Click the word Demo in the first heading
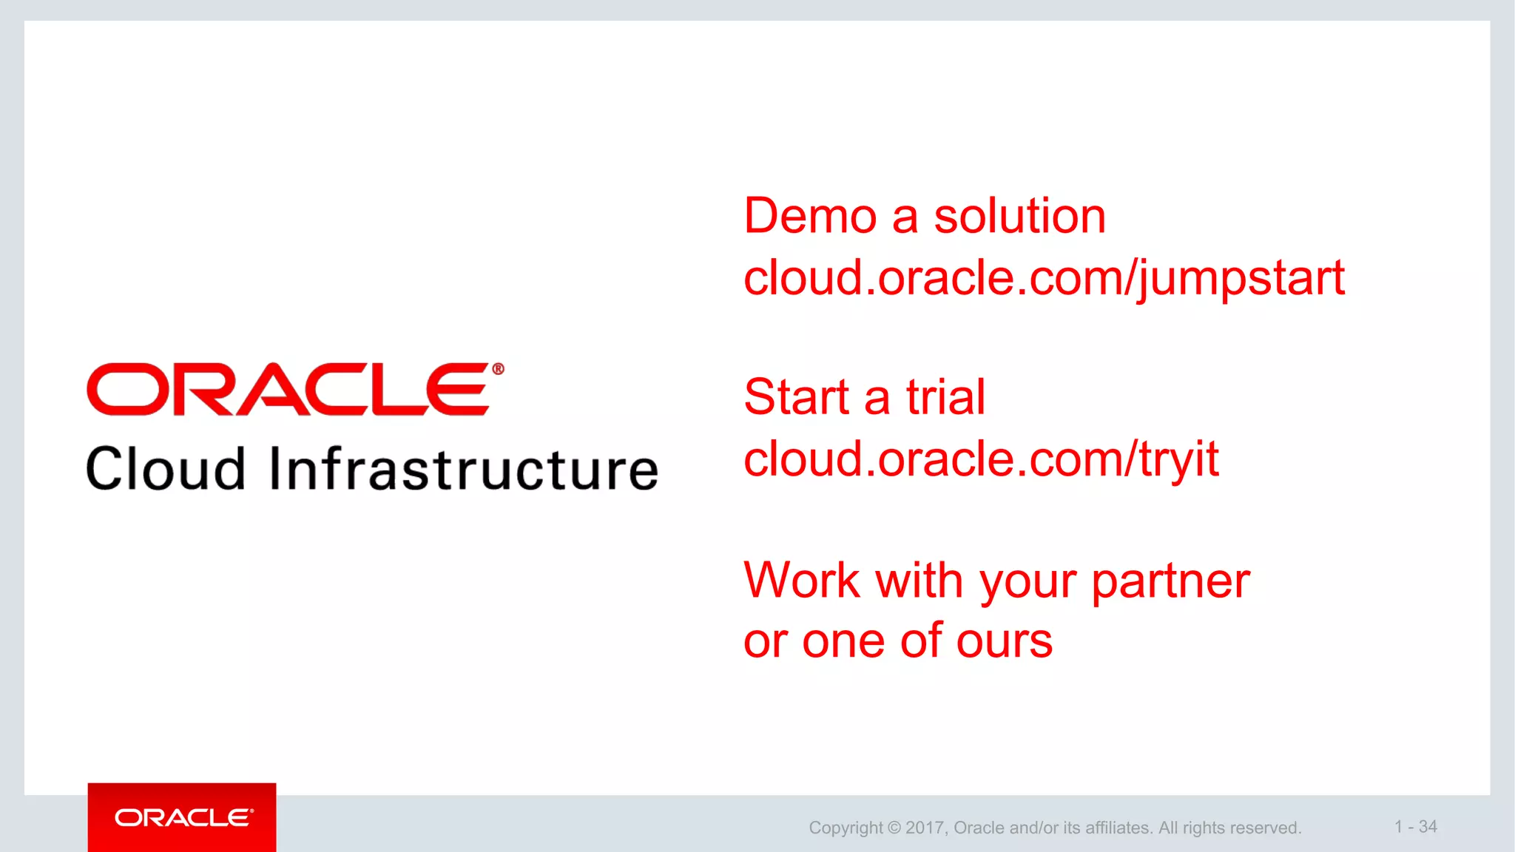click(810, 217)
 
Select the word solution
click(1019, 217)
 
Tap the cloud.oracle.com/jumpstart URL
click(1044, 279)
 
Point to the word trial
click(945, 397)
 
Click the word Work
click(801, 581)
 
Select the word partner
click(1170, 582)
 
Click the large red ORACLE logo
click(287, 389)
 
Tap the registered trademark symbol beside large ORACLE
click(498, 368)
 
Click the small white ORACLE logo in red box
click(183, 817)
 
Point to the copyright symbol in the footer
click(894, 828)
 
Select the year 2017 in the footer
click(925, 828)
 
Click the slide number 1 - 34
click(1415, 827)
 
